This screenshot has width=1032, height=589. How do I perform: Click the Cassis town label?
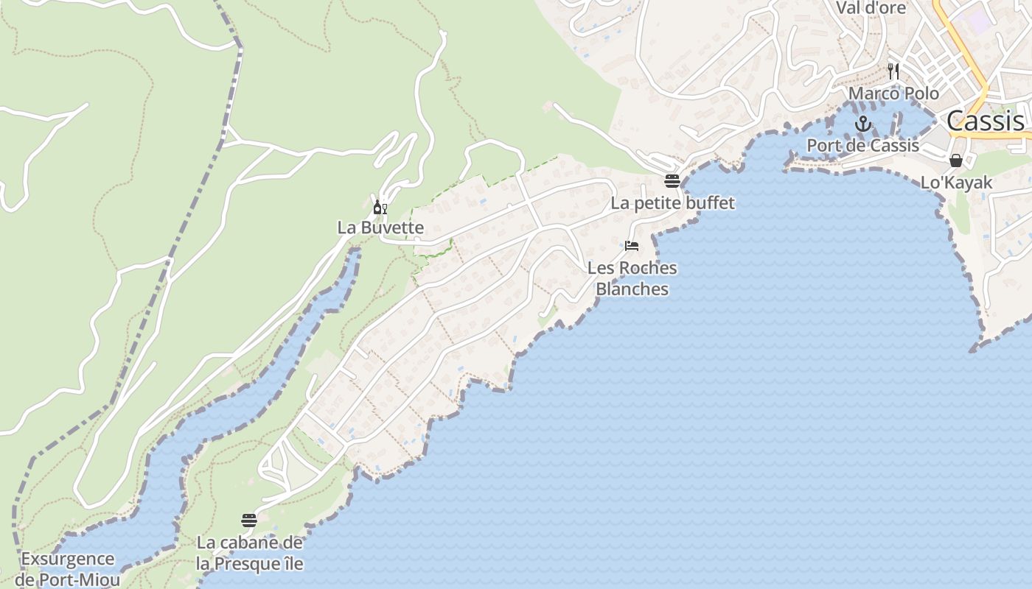pos(985,121)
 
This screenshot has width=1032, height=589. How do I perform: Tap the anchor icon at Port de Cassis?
pos(862,124)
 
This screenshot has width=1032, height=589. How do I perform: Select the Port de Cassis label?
pos(862,145)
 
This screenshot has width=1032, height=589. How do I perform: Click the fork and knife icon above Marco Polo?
pos(893,71)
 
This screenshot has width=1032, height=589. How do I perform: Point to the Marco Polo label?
pos(893,94)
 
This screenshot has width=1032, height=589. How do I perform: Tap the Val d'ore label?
pos(870,8)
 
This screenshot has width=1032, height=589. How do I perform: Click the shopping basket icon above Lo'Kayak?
pos(956,161)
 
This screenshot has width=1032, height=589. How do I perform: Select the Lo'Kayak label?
pos(956,183)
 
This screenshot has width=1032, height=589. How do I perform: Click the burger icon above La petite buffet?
pos(672,180)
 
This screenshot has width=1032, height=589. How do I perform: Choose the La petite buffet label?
pos(672,202)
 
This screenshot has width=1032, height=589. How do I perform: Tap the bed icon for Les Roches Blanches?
pos(632,246)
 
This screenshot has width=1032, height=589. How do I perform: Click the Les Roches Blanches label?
pos(632,278)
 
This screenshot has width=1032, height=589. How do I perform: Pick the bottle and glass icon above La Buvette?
pos(380,207)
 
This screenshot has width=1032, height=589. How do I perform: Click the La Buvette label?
pos(380,228)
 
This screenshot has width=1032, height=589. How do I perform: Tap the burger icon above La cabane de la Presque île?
pos(249,521)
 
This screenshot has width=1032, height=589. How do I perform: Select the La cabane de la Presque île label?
pos(249,554)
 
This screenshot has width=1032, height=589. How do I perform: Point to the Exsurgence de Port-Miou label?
pos(67,569)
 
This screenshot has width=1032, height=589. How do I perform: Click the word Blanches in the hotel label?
pos(632,289)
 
